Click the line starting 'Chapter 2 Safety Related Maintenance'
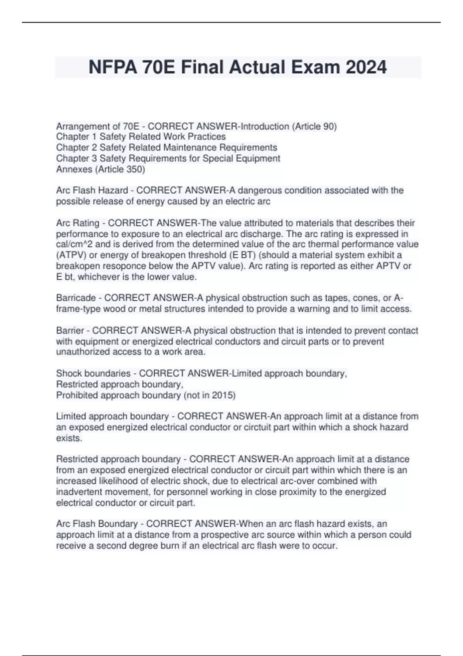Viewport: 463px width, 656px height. (166, 147)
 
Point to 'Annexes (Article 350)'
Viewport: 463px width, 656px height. (100, 169)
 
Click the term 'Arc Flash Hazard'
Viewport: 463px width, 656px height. (92, 190)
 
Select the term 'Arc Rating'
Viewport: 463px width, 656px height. (78, 223)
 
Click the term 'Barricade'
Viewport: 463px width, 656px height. (76, 298)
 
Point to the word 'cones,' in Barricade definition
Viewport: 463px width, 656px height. (366, 298)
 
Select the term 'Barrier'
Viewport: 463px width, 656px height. (70, 330)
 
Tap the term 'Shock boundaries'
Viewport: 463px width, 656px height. (93, 373)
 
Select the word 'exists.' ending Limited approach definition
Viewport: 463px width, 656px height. (69, 438)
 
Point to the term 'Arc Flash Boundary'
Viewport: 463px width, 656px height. (97, 524)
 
